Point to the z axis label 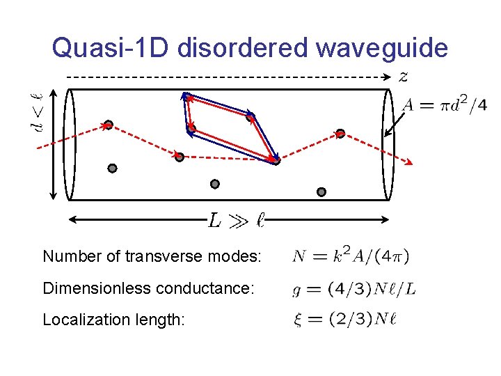(404, 77)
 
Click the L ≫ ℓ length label (237, 221)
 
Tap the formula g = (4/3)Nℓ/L (354, 288)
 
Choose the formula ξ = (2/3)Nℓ (344, 319)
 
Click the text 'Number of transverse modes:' (152, 256)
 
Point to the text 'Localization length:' (113, 320)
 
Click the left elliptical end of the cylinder (68, 145)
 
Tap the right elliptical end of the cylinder (387, 145)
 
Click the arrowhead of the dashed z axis (390, 77)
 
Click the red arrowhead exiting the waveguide (409, 163)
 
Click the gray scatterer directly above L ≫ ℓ (215, 185)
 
